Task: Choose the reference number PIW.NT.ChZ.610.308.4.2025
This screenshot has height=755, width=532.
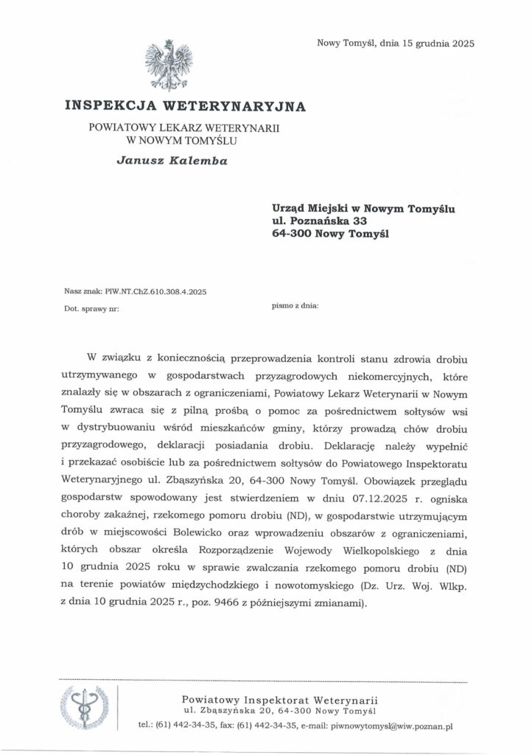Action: pyautogui.click(x=156, y=291)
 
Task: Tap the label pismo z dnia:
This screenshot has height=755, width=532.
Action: pyautogui.click(x=295, y=305)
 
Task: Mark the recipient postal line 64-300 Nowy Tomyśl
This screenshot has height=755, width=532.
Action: pyautogui.click(x=329, y=235)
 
